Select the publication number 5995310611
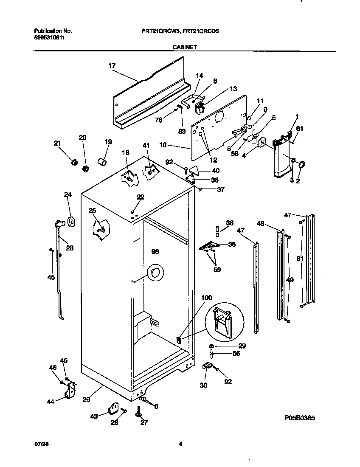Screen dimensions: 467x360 click(50, 37)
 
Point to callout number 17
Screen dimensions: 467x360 click(112, 65)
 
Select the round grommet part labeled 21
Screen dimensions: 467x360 click(74, 162)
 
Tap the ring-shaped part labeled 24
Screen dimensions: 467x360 click(70, 220)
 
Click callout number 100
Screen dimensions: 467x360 click(206, 298)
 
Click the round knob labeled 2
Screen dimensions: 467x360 click(302, 164)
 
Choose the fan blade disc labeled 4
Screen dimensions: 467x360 click(262, 143)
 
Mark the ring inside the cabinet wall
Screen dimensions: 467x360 click(155, 273)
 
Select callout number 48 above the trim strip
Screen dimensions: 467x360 click(261, 223)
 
